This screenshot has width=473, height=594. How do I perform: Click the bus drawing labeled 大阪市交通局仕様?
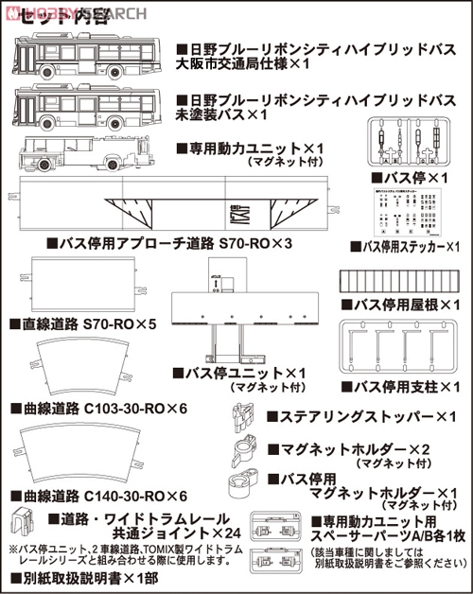[91, 60]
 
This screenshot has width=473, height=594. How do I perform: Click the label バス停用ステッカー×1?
[406, 248]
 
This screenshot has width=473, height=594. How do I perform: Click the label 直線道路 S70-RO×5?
[77, 324]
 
